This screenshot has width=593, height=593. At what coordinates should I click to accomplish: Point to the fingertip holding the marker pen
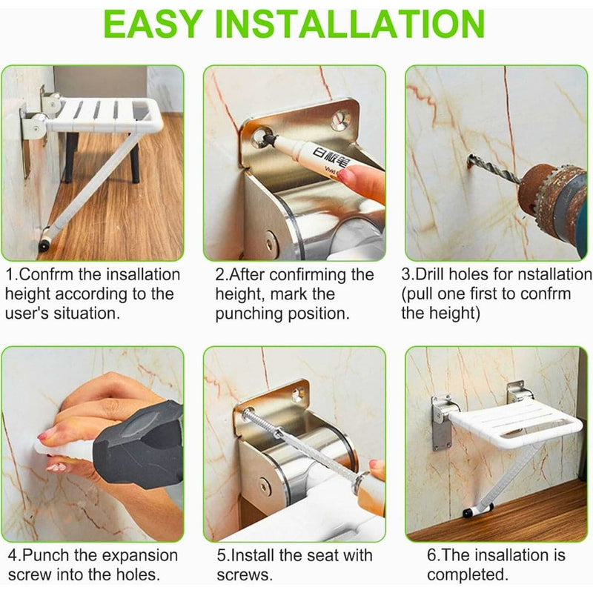point(363,182)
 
